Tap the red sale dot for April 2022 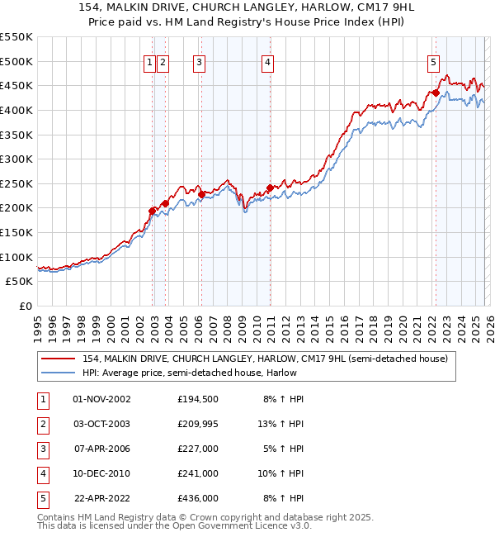click(x=435, y=93)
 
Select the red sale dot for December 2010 click(x=270, y=188)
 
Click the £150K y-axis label click(x=16, y=232)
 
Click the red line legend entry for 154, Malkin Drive click(x=264, y=359)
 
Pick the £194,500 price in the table click(x=197, y=399)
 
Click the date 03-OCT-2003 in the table click(x=101, y=424)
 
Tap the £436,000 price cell click(x=197, y=498)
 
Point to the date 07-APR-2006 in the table click(x=101, y=449)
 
